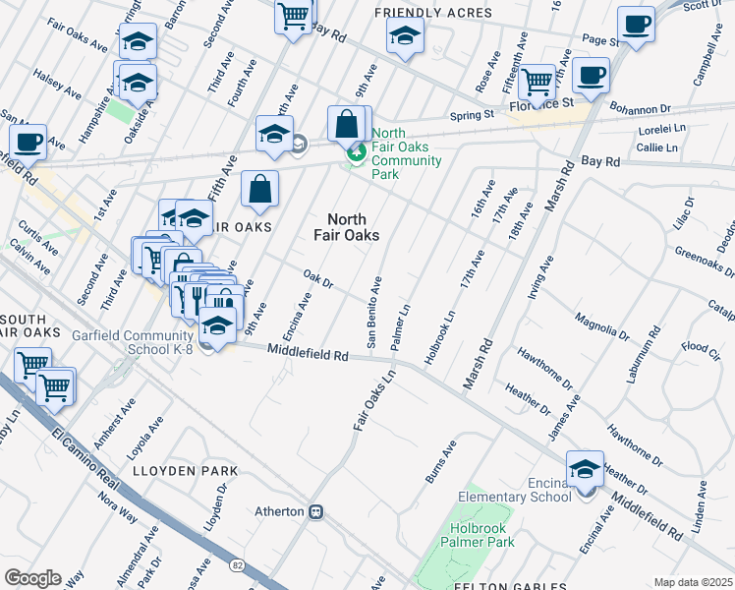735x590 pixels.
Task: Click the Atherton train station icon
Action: click(x=316, y=511)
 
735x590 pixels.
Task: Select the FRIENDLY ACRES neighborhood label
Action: click(x=433, y=13)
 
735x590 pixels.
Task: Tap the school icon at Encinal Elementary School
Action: click(x=585, y=469)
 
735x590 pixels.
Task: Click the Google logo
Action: click(x=32, y=577)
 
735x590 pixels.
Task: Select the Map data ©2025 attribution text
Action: click(x=693, y=582)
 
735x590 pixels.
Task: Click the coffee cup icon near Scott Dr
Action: click(x=636, y=24)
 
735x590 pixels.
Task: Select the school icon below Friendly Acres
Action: click(x=402, y=37)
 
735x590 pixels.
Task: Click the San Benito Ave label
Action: click(x=373, y=313)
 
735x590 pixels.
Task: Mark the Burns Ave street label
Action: click(x=441, y=461)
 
